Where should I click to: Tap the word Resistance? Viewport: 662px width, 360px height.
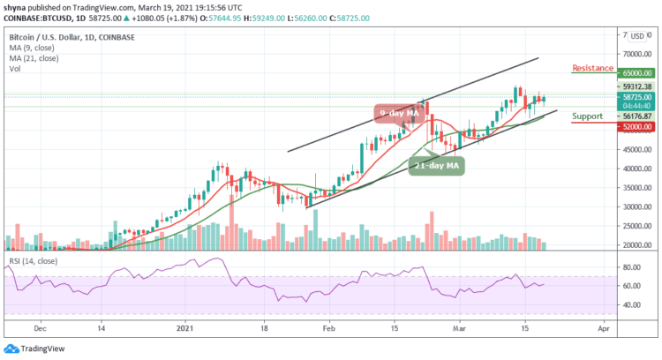point(593,67)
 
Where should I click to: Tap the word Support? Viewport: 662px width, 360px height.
point(587,116)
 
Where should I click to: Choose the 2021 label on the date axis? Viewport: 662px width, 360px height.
point(184,325)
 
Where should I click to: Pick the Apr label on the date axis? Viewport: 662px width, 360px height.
point(602,325)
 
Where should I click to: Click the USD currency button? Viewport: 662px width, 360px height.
point(636,36)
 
